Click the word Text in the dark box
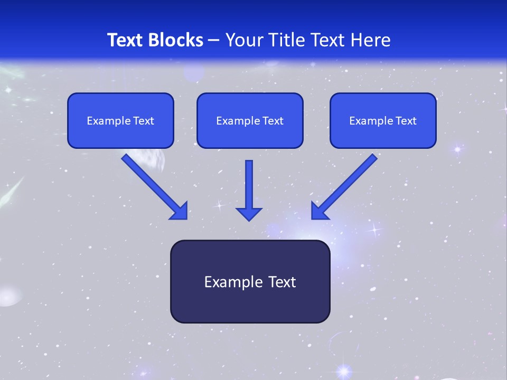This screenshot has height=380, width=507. [282, 282]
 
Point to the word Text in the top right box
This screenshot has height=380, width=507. [406, 121]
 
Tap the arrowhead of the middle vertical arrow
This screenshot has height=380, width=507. [249, 214]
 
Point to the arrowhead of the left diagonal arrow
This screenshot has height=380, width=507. [180, 211]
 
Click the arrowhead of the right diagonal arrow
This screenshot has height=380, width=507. [319, 211]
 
